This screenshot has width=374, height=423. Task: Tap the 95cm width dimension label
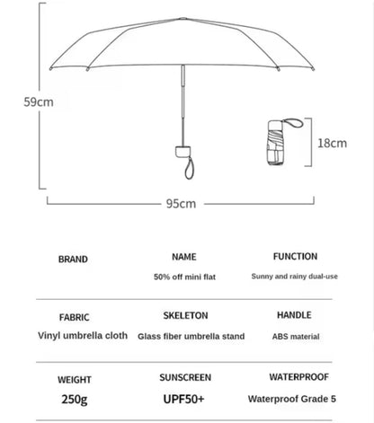182,204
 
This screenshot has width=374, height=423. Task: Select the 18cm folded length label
332,143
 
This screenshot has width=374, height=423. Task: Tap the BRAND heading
74,260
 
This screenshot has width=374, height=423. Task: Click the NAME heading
184,257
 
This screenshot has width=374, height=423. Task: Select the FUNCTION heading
295,257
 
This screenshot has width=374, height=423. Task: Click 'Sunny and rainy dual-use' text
295,277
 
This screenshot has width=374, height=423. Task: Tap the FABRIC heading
74,317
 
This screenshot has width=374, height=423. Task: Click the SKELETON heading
186,316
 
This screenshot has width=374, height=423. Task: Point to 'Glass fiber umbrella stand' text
191,337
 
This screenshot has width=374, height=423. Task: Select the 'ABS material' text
295,337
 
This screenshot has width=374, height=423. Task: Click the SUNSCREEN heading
186,377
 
